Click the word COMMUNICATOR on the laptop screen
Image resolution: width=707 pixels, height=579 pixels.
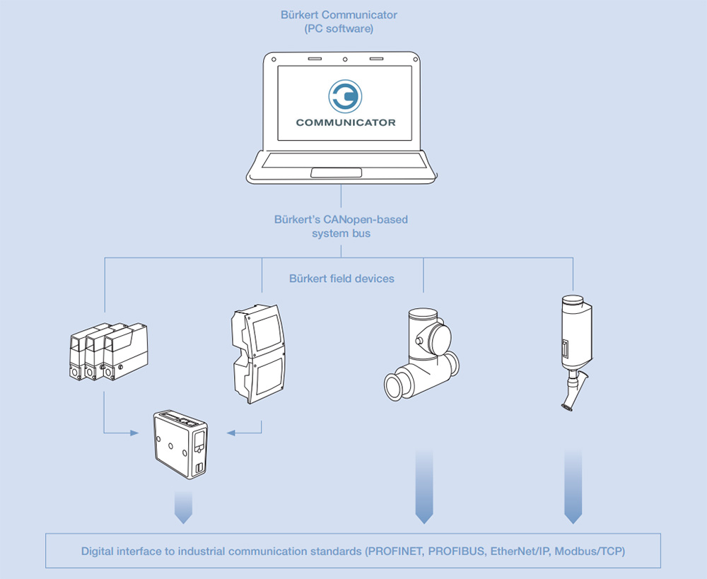[x=345, y=122]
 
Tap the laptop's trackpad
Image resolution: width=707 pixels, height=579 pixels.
[x=337, y=172]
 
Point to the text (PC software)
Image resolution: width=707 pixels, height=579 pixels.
[x=339, y=29]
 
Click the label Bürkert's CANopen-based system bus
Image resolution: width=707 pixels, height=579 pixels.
[x=341, y=226]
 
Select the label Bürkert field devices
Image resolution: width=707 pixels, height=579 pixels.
[x=341, y=279]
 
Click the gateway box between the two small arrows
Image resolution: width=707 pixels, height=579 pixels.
[x=180, y=443]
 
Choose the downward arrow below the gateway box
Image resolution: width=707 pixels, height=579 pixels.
[x=183, y=508]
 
